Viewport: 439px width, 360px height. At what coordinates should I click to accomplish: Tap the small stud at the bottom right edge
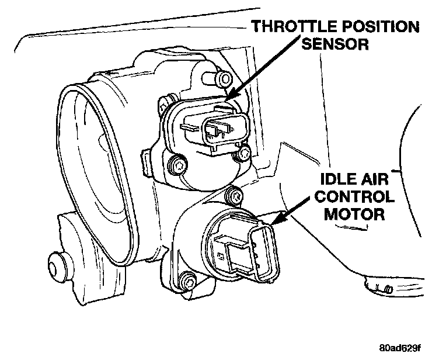(x=387, y=289)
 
